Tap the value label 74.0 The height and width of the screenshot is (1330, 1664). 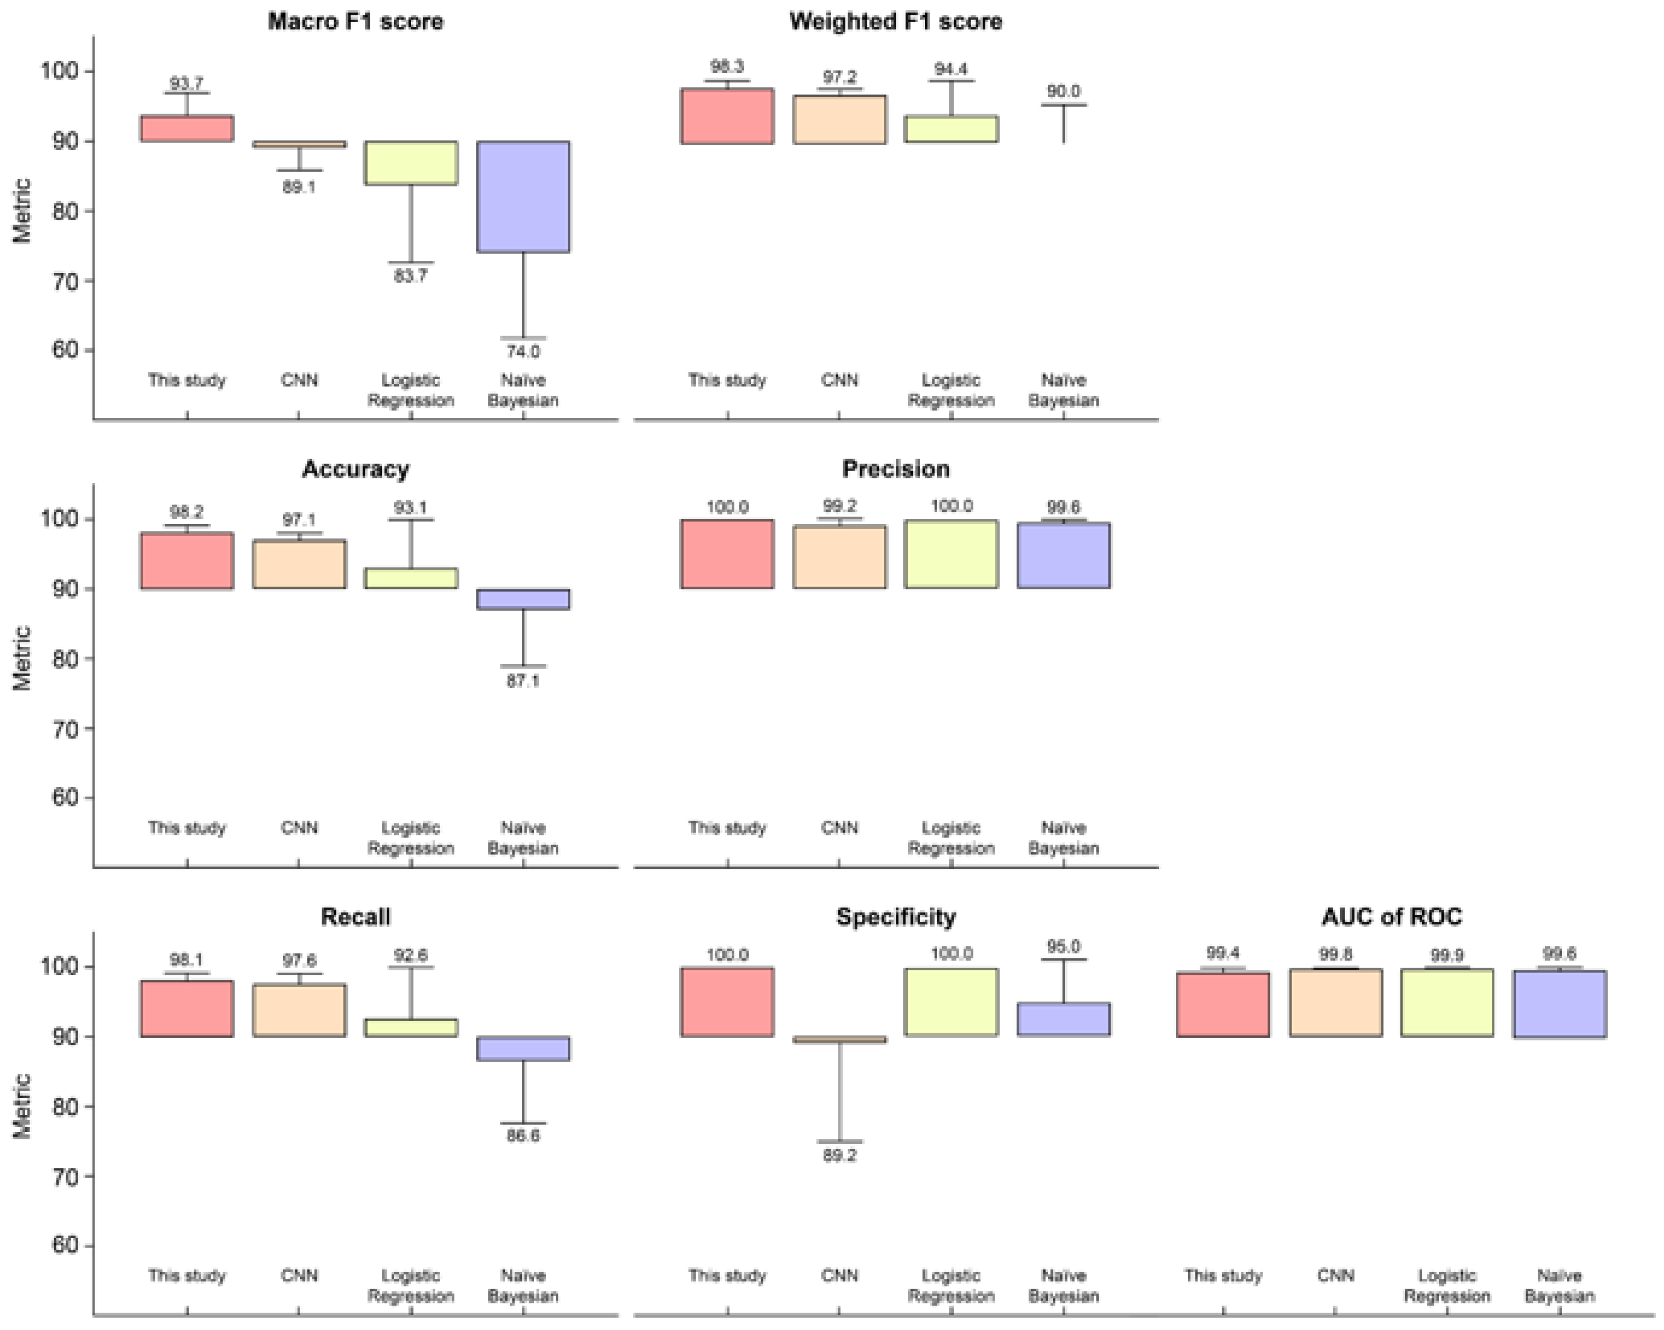click(x=523, y=351)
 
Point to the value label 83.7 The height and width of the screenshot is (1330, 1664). click(x=410, y=276)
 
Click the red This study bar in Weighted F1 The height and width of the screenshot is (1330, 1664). click(x=727, y=116)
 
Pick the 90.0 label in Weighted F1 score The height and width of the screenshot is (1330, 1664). click(x=1063, y=91)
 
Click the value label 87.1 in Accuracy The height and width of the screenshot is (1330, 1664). click(x=523, y=681)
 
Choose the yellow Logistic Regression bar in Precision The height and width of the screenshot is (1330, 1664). click(x=951, y=554)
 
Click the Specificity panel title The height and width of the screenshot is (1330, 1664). click(x=895, y=916)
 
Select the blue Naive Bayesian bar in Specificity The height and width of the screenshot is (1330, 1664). click(x=1063, y=1019)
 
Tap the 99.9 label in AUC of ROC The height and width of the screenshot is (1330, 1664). click(x=1446, y=955)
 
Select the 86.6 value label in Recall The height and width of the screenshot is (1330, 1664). click(x=523, y=1136)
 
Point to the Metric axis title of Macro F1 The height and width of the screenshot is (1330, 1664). click(x=22, y=211)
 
